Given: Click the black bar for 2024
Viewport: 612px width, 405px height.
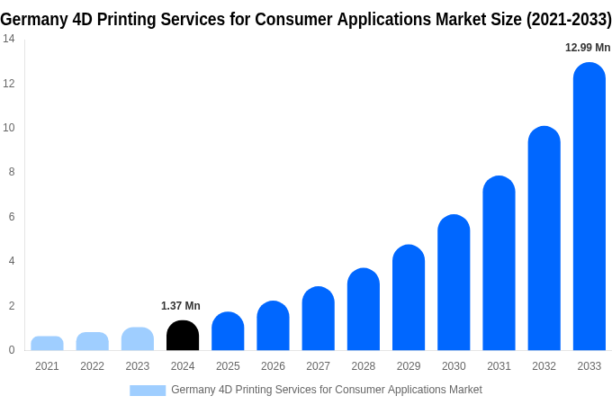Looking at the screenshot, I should tap(183, 336).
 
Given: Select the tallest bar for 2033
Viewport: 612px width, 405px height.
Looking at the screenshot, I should tap(589, 207).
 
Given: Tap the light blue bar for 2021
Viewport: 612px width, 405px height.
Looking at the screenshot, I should tap(47, 343).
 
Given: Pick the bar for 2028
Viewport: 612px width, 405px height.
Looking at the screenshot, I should tap(364, 310).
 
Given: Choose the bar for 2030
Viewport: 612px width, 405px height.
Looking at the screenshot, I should tap(454, 283).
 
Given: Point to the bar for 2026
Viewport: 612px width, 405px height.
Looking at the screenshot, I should tap(273, 326).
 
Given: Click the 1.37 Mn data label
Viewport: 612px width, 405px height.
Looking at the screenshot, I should tap(181, 306).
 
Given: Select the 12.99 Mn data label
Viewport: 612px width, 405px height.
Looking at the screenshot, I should tap(588, 48).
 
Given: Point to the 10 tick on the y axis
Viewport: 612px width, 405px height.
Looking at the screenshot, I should tap(9, 128).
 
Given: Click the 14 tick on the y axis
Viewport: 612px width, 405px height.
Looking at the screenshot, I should tap(9, 39).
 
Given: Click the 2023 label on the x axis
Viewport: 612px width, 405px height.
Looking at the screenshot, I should tap(138, 366).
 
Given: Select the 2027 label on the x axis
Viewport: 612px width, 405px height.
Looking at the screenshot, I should tap(318, 366).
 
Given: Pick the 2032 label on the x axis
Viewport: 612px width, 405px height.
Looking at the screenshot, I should tap(544, 366).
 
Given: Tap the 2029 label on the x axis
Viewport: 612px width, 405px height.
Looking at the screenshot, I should tap(409, 366).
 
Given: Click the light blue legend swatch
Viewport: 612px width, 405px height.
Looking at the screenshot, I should tap(148, 391).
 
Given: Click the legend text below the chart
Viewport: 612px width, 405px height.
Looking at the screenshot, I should tap(327, 390).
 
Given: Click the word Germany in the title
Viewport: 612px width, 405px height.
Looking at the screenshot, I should tap(32, 19).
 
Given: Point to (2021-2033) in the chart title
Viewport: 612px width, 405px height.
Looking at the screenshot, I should tap(568, 19).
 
